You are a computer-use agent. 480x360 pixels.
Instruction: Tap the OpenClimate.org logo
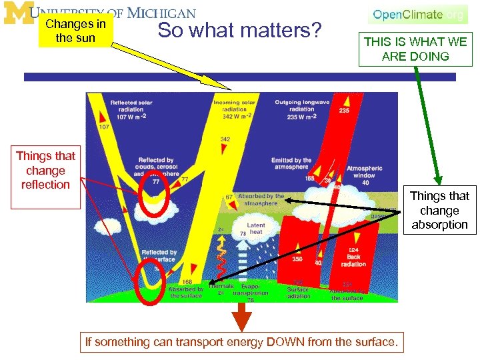click(x=417, y=15)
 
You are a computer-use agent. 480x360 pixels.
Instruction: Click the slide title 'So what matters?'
click(x=239, y=31)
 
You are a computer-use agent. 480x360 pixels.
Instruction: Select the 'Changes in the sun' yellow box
click(x=75, y=31)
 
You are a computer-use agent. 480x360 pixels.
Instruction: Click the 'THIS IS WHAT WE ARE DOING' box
click(x=415, y=49)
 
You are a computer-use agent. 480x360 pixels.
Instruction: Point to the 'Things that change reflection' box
click(x=45, y=171)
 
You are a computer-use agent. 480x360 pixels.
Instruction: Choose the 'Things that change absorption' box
click(x=439, y=211)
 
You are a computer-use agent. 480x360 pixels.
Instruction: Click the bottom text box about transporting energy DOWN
click(x=241, y=343)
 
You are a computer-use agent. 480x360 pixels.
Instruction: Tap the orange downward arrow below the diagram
click(x=241, y=317)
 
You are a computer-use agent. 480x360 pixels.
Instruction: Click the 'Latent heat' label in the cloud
click(x=255, y=229)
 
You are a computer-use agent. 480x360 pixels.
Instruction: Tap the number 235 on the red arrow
click(x=344, y=111)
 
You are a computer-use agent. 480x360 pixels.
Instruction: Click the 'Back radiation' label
click(x=353, y=261)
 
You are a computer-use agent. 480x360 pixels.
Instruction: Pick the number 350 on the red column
click(x=297, y=259)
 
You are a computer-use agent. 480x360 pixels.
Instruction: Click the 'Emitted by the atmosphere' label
click(x=291, y=164)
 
